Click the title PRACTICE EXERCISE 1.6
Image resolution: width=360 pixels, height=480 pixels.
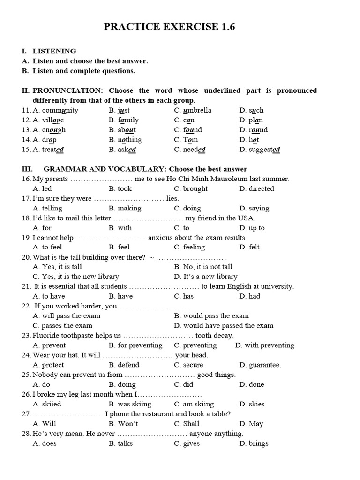[x=169, y=28]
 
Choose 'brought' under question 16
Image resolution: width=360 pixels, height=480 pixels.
[x=195, y=188]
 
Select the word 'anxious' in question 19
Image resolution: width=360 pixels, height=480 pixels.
[x=160, y=238]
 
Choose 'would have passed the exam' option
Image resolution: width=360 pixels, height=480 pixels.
[x=228, y=325]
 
